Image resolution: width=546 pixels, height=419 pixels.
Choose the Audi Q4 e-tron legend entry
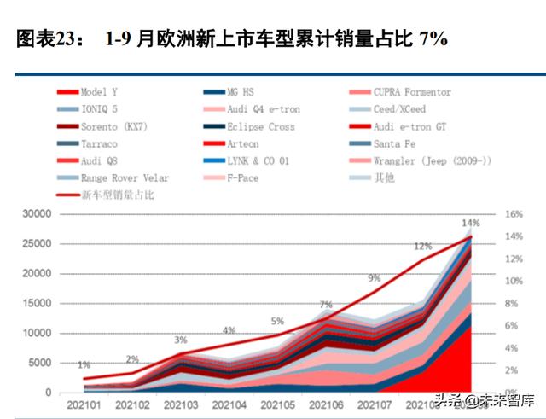pos(263,109)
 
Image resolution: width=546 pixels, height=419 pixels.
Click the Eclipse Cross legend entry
pos(260,127)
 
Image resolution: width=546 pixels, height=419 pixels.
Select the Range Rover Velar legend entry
pos(125,178)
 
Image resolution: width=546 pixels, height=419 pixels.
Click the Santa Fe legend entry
pos(399,144)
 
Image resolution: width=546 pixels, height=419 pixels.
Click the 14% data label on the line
pos(470,223)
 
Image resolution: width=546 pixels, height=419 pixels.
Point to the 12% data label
pos(423,247)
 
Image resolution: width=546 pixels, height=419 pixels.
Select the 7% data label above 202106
pos(326,305)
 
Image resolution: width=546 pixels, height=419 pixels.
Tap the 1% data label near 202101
pos(84,365)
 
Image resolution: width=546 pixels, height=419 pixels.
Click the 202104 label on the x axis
pos(229,406)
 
